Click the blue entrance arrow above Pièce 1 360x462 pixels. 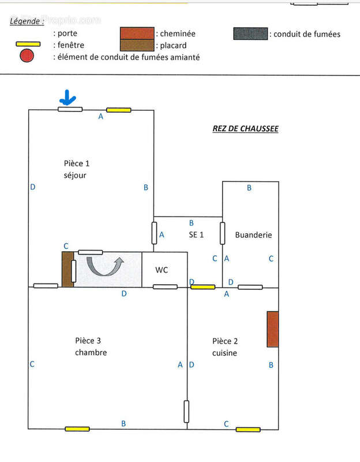point(68,98)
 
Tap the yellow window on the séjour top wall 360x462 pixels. point(118,110)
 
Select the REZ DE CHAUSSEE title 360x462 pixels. point(245,129)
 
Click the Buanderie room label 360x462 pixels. point(253,235)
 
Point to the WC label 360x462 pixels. point(162,270)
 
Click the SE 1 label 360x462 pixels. point(196,234)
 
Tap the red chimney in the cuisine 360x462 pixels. point(273,329)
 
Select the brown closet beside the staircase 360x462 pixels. point(67,269)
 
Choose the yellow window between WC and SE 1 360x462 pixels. point(203,286)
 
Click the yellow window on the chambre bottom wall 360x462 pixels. point(77,429)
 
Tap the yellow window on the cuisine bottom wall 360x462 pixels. point(247,429)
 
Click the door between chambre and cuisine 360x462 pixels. point(187,411)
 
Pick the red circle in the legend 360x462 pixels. point(27,56)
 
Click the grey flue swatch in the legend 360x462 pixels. point(251,33)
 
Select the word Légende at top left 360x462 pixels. point(27,21)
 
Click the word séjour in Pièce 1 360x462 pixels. point(75,175)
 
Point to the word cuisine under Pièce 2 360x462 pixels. point(224,353)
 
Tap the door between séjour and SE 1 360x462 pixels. point(154,233)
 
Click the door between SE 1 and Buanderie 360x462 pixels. point(222,233)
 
